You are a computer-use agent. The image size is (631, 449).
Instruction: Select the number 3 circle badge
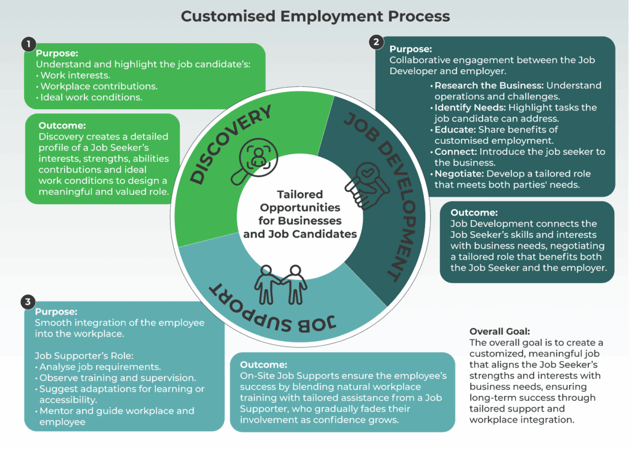tap(27, 302)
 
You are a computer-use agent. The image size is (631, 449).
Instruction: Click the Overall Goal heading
tap(500, 331)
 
